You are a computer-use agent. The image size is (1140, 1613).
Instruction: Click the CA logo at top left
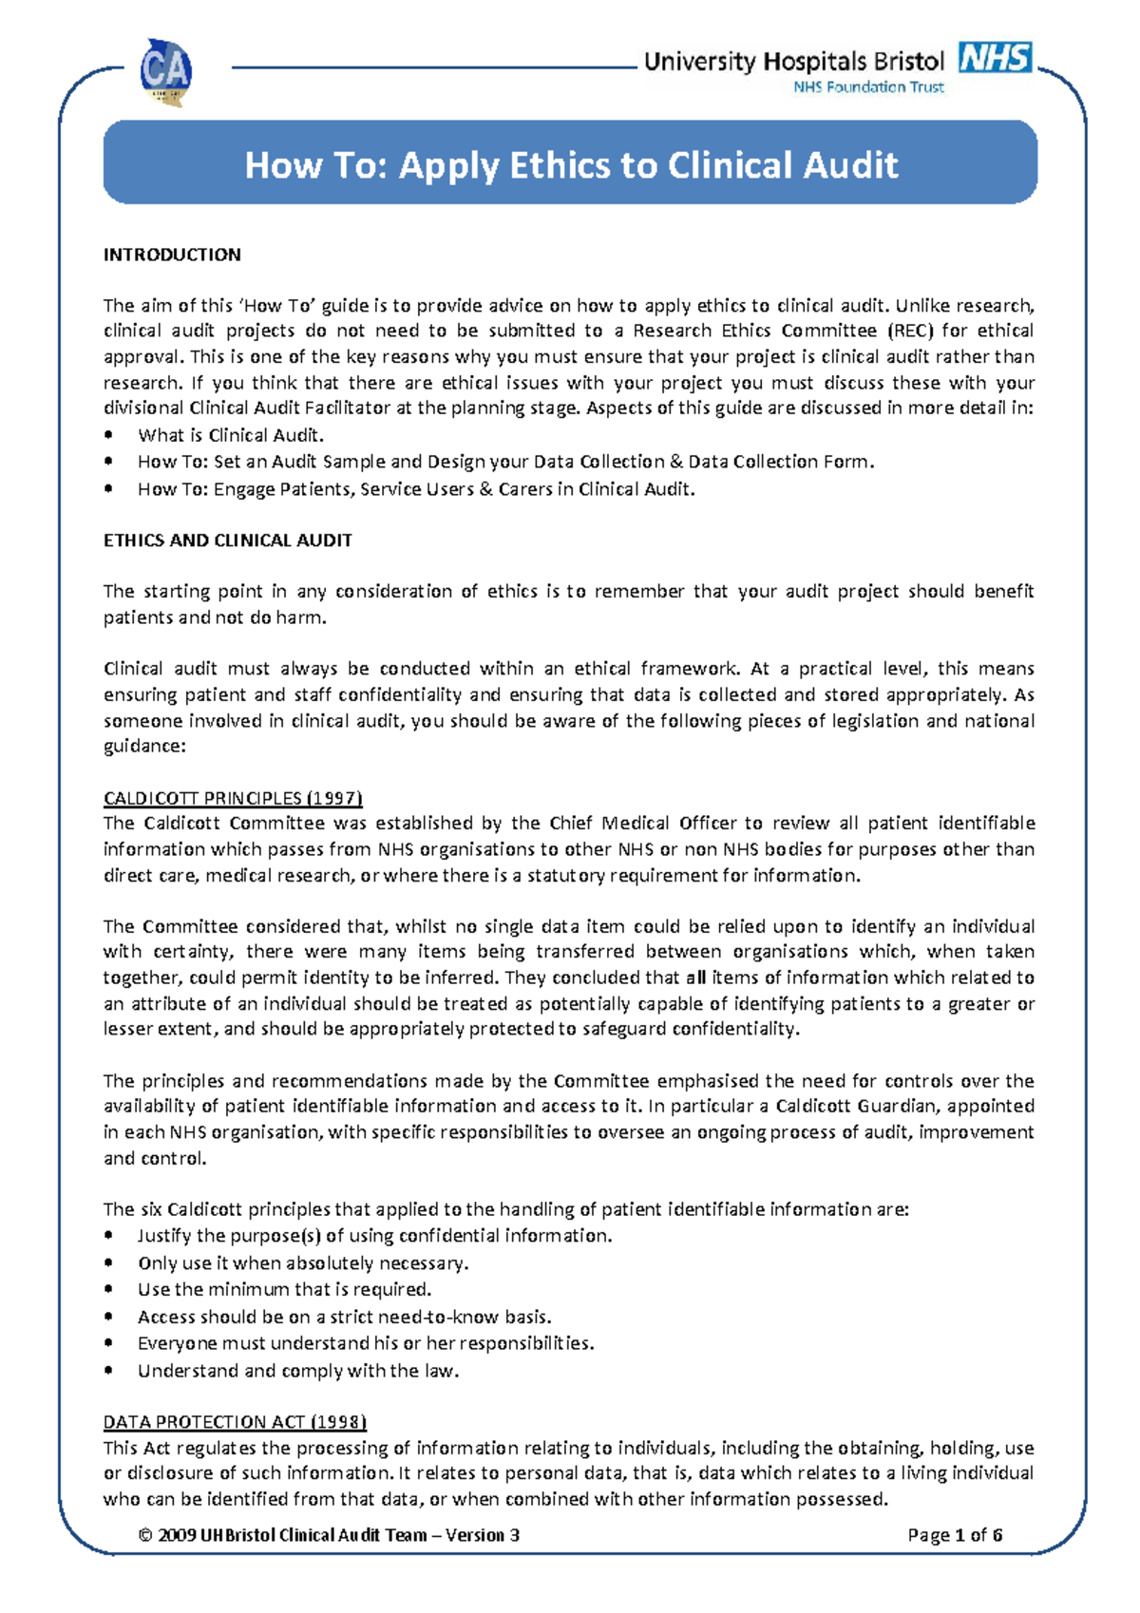(x=166, y=71)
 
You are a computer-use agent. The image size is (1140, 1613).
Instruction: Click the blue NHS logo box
(x=995, y=57)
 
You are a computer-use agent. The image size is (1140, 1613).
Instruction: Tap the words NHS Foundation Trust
(x=868, y=87)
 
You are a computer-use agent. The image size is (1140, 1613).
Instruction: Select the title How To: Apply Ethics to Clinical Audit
(x=570, y=165)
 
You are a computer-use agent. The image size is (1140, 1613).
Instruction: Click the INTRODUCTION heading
(x=172, y=255)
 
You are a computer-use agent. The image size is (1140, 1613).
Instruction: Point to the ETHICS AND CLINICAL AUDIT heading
(x=227, y=541)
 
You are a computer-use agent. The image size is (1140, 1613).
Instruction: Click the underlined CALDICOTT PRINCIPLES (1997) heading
(x=233, y=798)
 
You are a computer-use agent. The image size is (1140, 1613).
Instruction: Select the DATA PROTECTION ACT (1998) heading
(x=235, y=1422)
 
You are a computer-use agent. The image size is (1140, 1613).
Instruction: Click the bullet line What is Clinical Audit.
(x=231, y=436)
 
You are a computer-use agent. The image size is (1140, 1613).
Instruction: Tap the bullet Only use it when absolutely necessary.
(x=303, y=1263)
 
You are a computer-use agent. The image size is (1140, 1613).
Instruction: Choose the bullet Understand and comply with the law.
(x=298, y=1371)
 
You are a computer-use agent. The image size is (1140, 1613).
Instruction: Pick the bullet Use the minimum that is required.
(x=284, y=1290)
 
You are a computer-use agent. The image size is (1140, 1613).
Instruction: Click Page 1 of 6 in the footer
(x=955, y=1535)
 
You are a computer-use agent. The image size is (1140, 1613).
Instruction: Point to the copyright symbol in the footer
(x=145, y=1535)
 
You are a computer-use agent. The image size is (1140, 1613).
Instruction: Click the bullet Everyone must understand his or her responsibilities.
(x=366, y=1343)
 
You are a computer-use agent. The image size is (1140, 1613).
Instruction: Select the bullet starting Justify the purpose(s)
(x=374, y=1236)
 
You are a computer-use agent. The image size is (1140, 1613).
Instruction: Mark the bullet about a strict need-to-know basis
(x=344, y=1317)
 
